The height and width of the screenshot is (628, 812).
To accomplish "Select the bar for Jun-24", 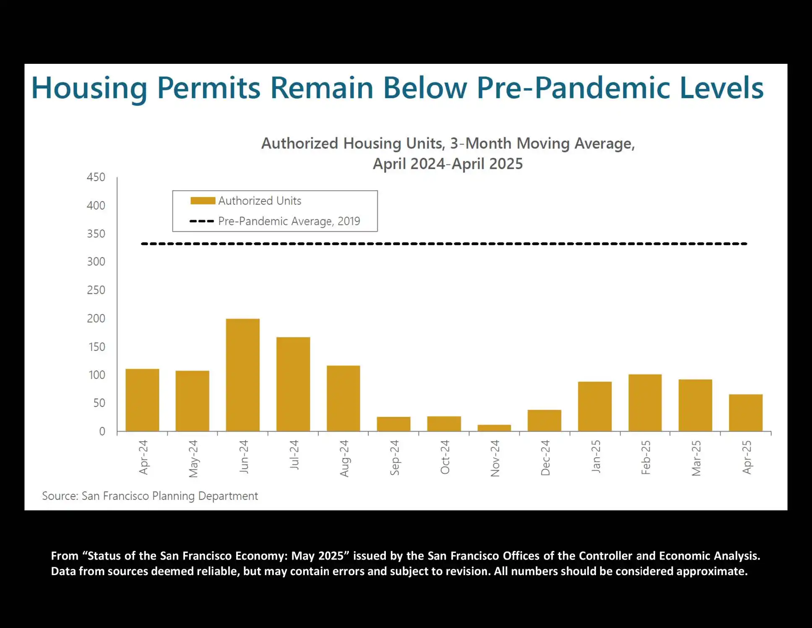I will point(242,375).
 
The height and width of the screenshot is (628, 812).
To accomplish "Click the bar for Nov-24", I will point(494,428).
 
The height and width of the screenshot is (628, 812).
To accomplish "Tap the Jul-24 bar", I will point(293,384).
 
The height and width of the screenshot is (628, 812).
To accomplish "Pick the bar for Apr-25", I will point(745,413).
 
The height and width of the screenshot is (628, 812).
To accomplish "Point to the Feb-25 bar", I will point(645,403).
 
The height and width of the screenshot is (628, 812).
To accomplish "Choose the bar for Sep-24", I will point(393,424).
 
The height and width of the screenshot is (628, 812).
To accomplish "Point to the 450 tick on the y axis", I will point(96,177).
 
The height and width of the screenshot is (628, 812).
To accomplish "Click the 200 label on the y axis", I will point(96,319).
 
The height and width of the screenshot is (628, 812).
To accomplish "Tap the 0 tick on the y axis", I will point(102,432).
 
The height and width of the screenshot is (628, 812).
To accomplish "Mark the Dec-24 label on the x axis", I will point(545,458).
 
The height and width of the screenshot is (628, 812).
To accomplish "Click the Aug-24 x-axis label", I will point(344,458).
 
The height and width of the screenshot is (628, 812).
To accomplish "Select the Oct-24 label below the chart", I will point(445,457).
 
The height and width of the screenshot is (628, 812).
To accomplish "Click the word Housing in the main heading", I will point(89,89).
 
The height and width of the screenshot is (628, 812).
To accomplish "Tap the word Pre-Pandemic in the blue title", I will point(573,89).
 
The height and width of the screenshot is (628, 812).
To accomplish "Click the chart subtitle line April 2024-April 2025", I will point(448,164).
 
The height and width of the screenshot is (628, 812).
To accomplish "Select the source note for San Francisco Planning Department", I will point(150,496).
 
